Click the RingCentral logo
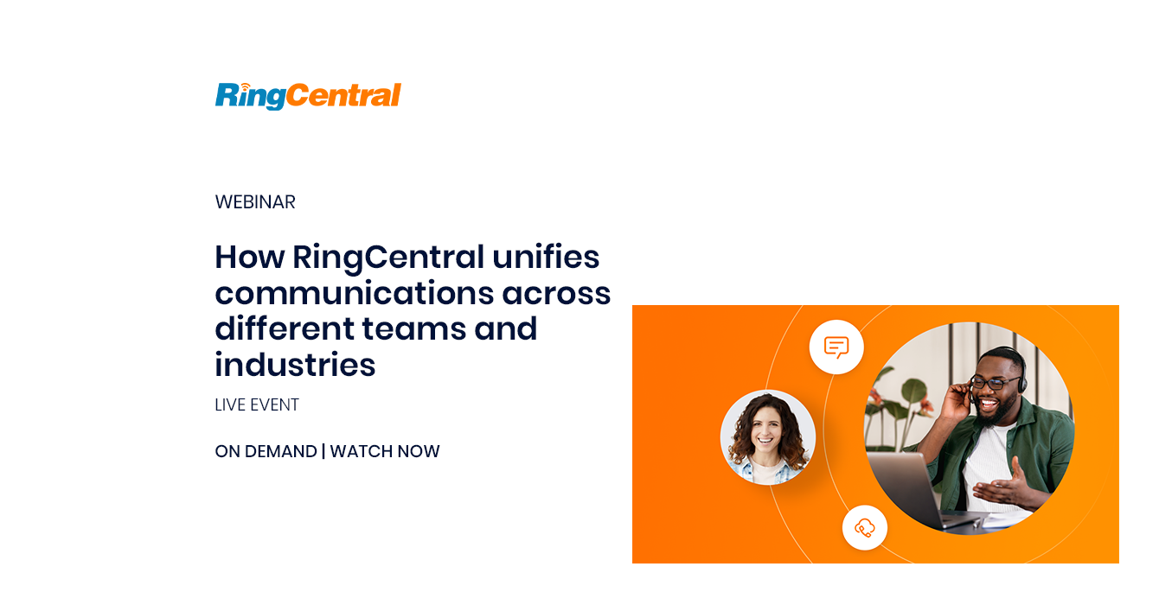pyautogui.click(x=308, y=96)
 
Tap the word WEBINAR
pyautogui.click(x=255, y=201)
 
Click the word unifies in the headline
pyautogui.click(x=546, y=257)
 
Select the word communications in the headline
pyautogui.click(x=354, y=293)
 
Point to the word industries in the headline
pyautogui.click(x=295, y=364)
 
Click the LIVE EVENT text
pyautogui.click(x=257, y=404)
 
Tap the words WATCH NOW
pyautogui.click(x=385, y=451)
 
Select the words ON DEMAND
pyautogui.click(x=266, y=451)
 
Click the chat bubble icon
pyautogui.click(x=836, y=347)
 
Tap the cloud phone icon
pyautogui.click(x=865, y=528)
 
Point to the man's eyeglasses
pyautogui.click(x=994, y=383)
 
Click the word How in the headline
pyautogui.click(x=249, y=257)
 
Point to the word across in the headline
pyautogui.click(x=556, y=294)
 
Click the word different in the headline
pyautogui.click(x=284, y=328)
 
